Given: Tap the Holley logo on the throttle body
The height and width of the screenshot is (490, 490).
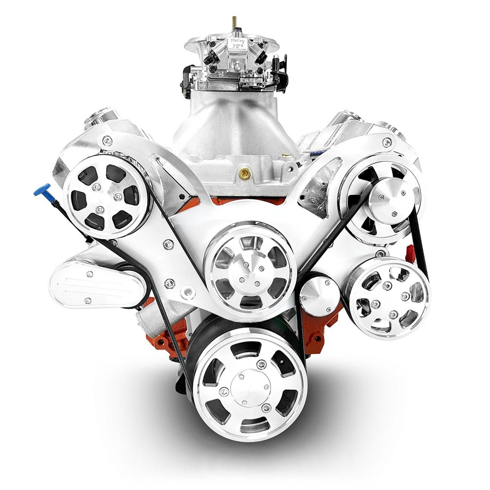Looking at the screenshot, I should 239,43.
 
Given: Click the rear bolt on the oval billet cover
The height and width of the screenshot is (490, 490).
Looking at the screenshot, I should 87,301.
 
